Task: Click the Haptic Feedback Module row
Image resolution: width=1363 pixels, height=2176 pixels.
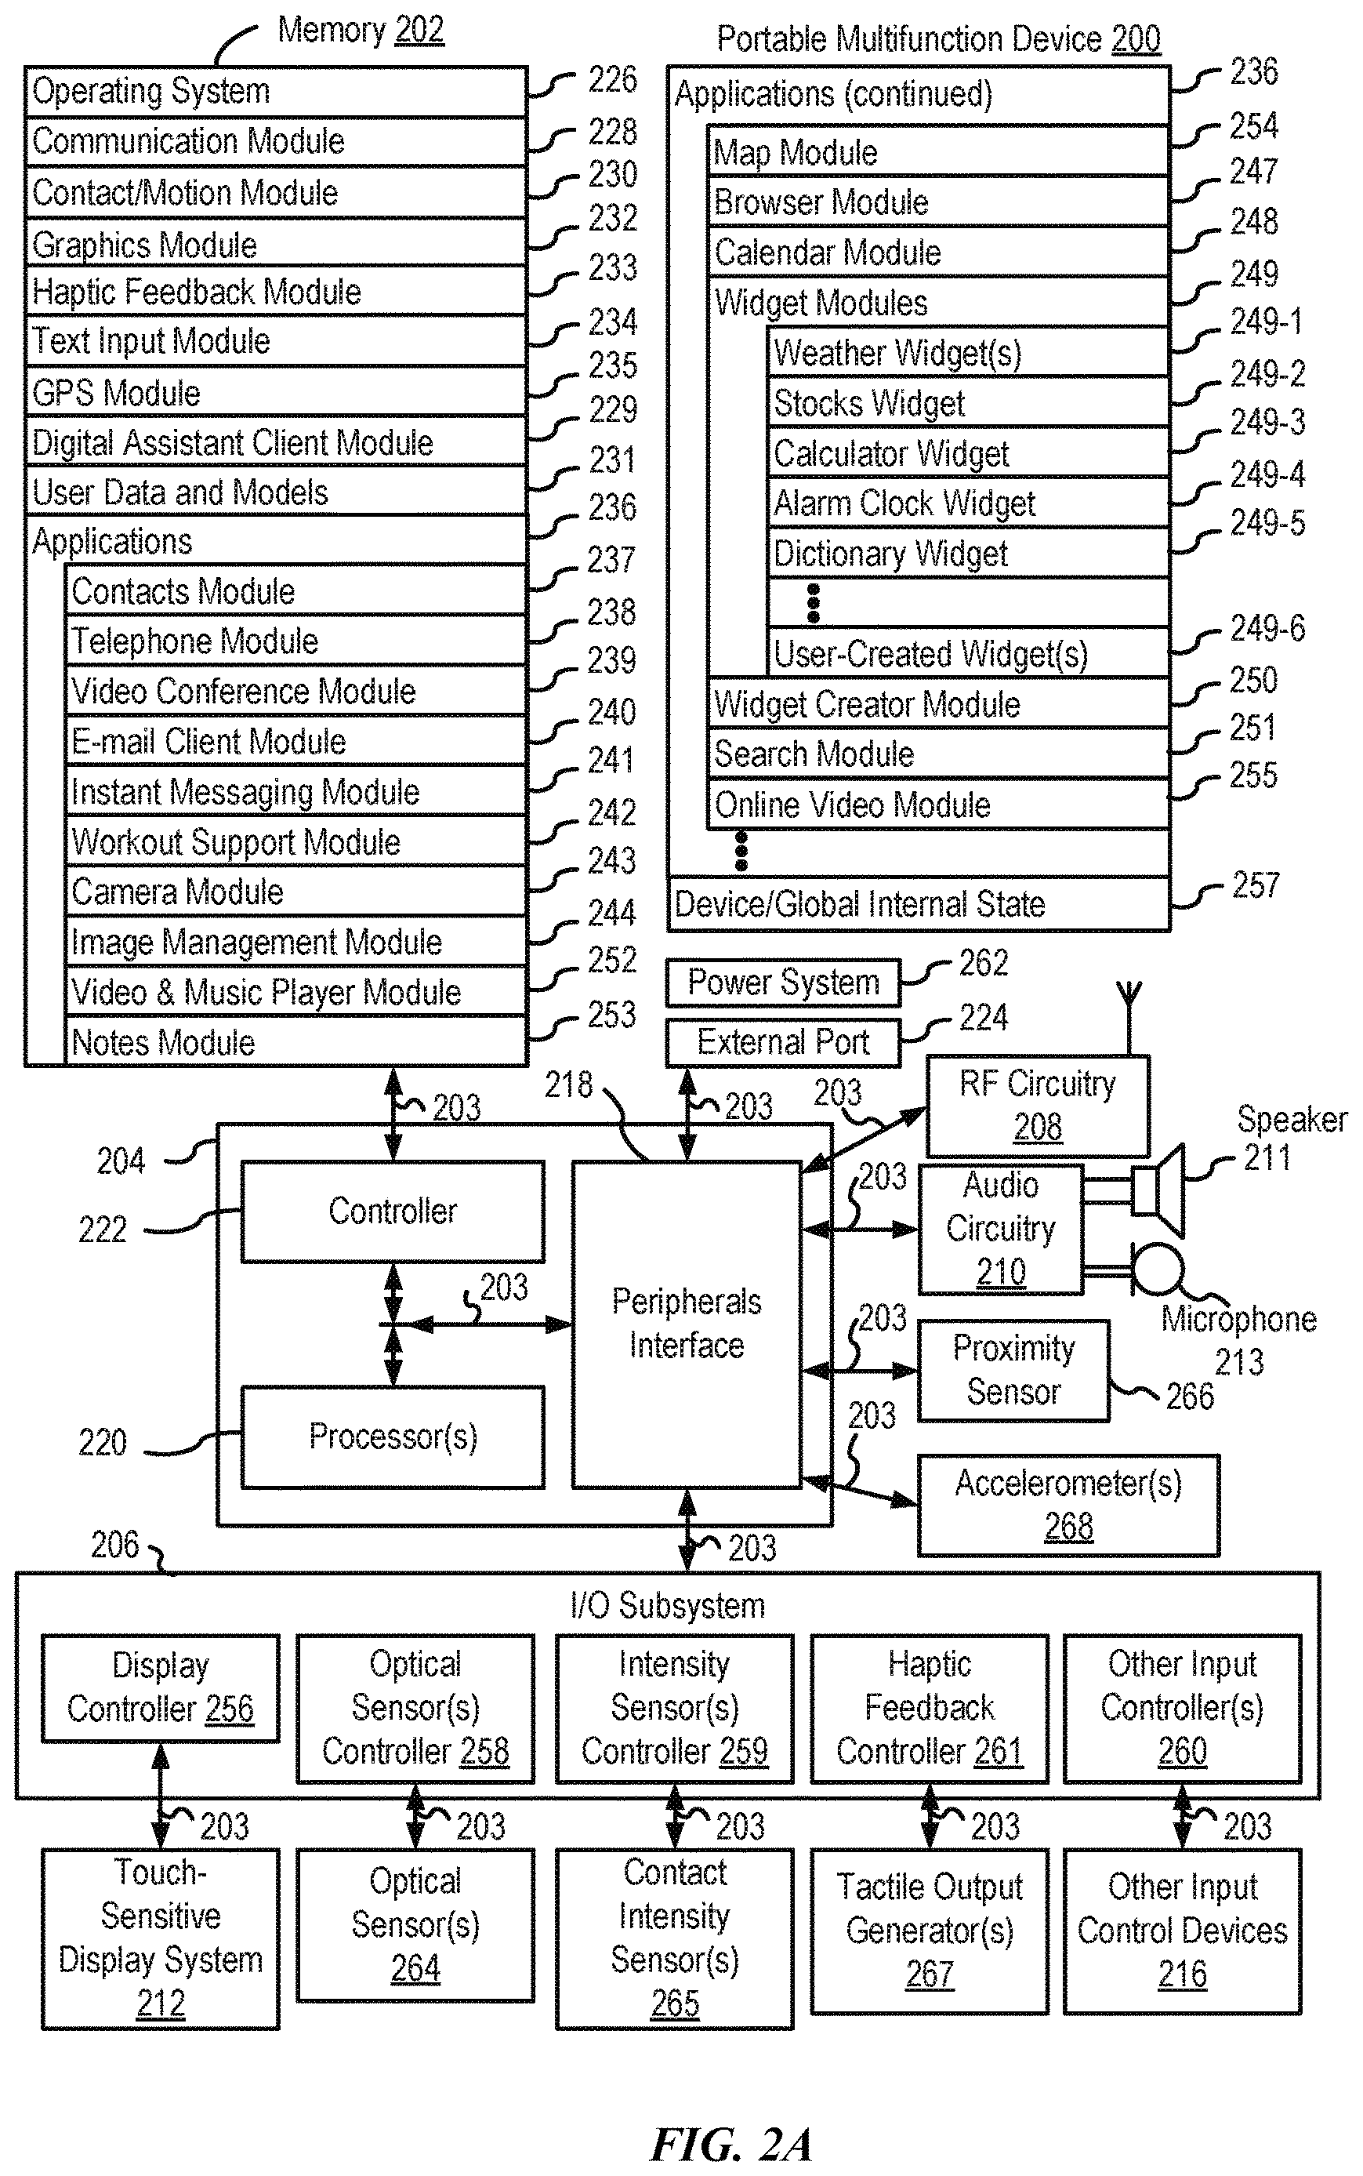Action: point(276,290)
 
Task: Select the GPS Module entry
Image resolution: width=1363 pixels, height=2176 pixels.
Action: point(276,391)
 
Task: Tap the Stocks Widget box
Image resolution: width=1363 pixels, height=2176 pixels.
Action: point(969,402)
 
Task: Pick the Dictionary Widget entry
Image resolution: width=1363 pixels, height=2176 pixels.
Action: point(969,553)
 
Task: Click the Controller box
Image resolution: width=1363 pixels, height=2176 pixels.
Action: point(392,1211)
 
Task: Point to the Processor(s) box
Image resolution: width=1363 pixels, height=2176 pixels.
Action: point(392,1437)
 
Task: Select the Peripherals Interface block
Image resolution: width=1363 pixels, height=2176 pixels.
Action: point(687,1324)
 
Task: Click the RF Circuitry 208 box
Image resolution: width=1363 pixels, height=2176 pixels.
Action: point(1038,1106)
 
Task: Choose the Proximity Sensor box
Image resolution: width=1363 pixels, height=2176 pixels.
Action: point(1013,1371)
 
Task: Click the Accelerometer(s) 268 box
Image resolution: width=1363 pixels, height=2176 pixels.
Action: point(1068,1505)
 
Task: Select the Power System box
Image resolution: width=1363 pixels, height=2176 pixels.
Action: point(783,982)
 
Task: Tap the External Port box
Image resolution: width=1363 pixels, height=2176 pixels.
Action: point(783,1042)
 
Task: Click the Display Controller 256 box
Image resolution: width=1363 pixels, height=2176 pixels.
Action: point(161,1687)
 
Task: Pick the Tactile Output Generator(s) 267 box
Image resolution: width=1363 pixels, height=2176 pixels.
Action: point(930,1930)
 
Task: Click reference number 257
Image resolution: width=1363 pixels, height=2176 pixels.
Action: point(1256,885)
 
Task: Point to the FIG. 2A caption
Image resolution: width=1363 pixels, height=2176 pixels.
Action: point(731,2144)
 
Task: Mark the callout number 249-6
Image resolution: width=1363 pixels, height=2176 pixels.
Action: point(1267,627)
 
